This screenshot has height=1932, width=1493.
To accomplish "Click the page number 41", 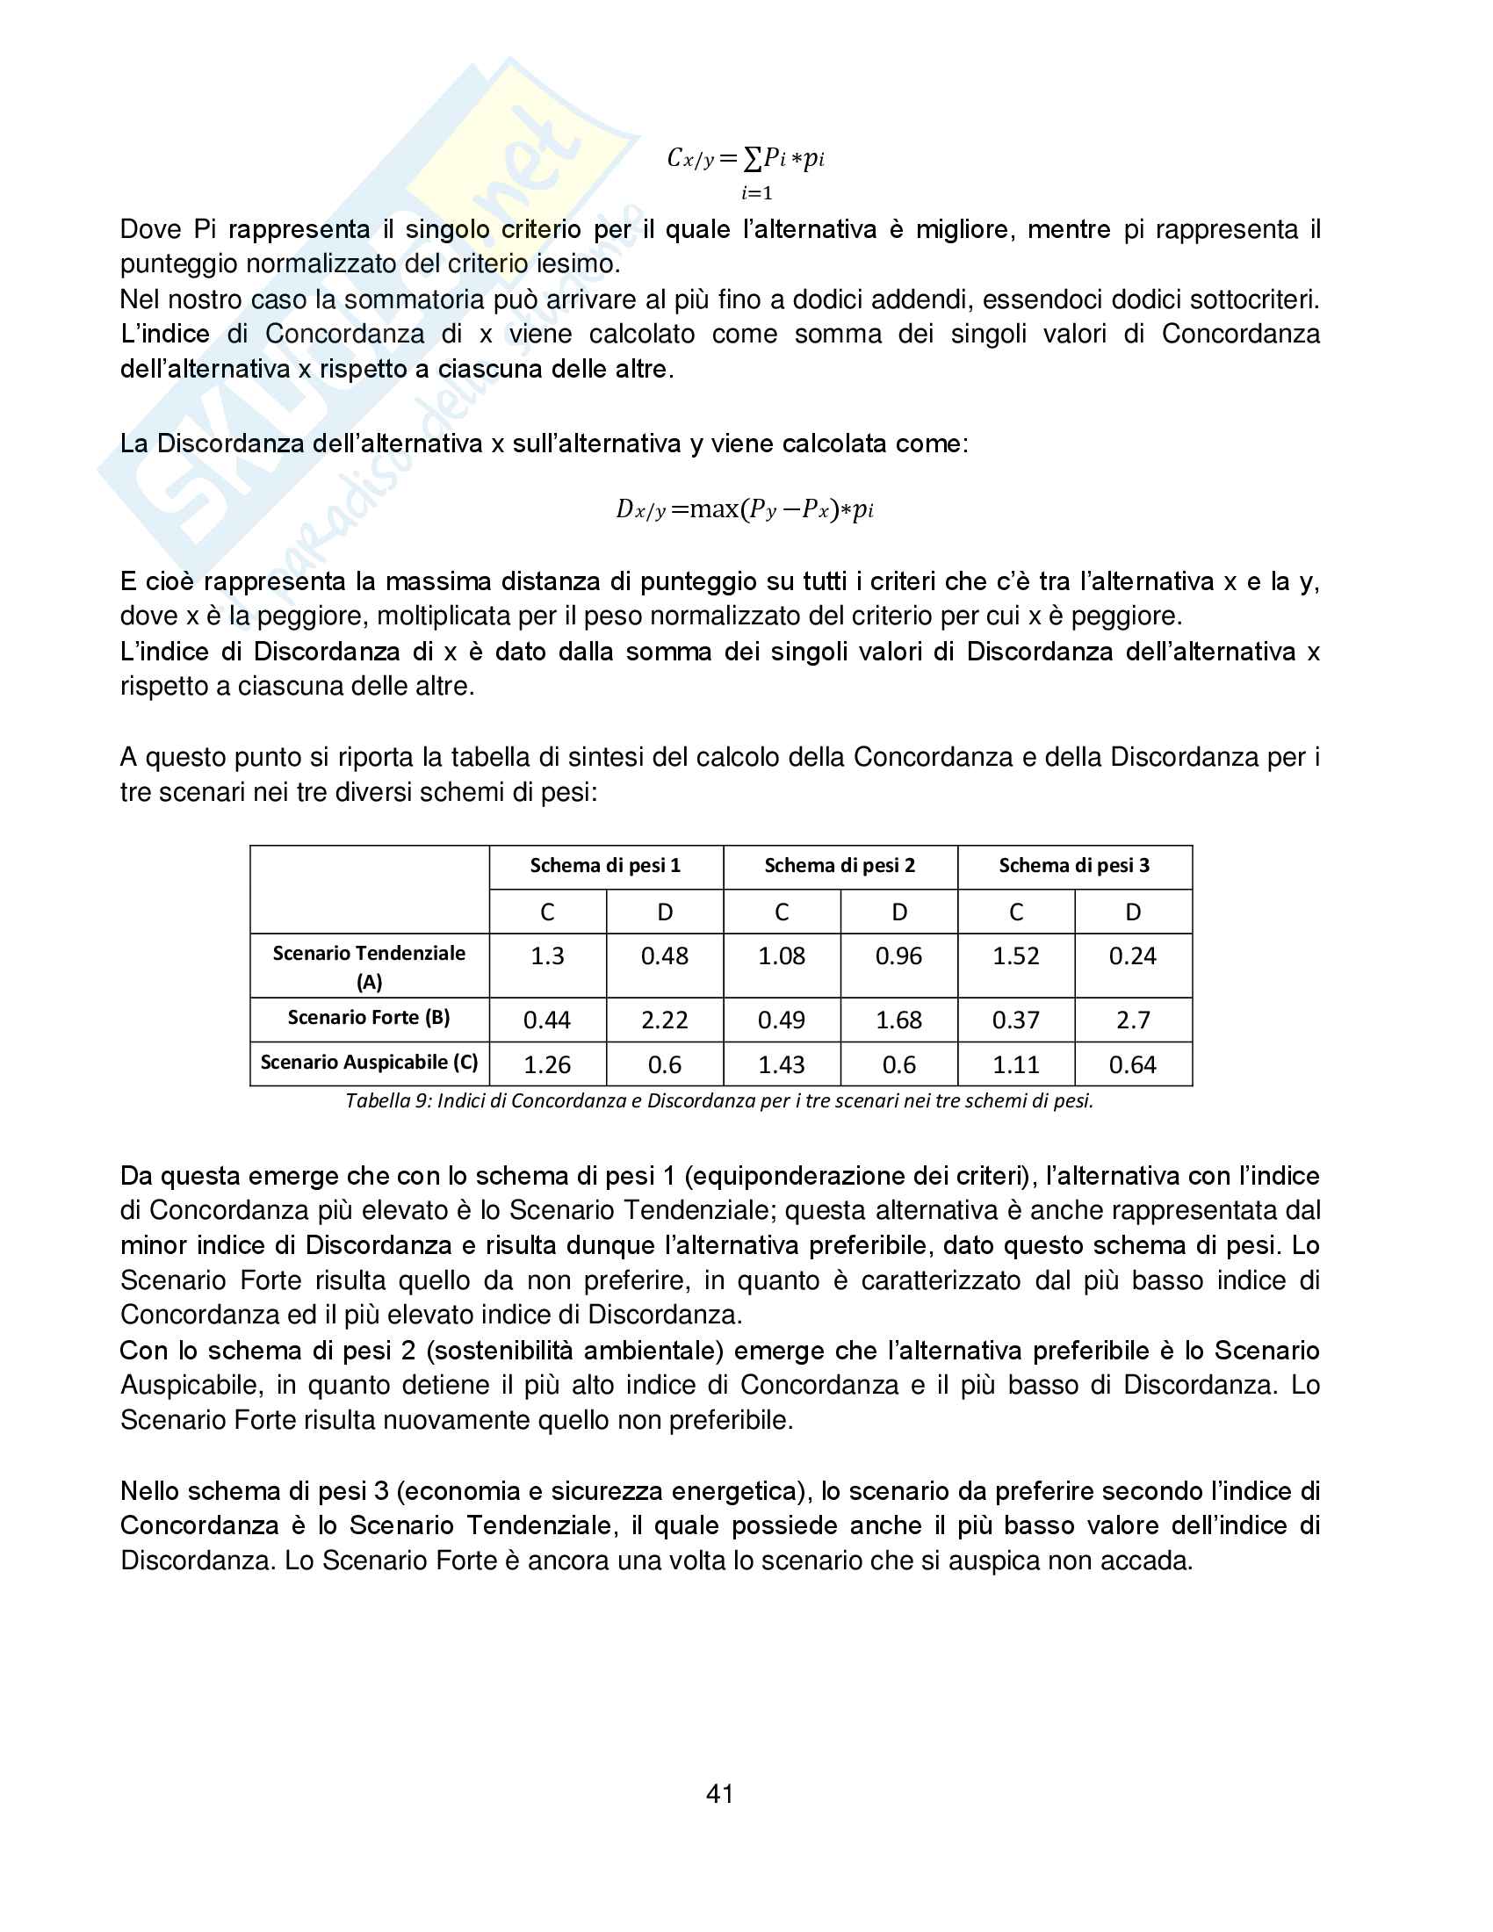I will coord(719,1793).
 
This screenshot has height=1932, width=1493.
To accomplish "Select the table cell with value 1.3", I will coord(546,956).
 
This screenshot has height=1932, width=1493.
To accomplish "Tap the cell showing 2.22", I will coord(664,1020).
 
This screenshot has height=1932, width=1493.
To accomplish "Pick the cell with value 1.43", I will coord(781,1064).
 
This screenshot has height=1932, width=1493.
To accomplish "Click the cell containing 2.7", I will coord(1132,1020).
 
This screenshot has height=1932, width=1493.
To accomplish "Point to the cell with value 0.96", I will coord(898,956).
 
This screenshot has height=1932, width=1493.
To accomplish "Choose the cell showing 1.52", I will coord(1015,956).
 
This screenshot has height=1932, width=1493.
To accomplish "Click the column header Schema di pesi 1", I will coord(605,865).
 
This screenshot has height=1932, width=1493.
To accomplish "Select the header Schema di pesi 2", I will coord(840,865).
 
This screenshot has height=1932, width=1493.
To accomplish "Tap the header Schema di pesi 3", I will coord(1074,865).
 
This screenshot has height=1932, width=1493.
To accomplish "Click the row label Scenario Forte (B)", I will coord(369,1017).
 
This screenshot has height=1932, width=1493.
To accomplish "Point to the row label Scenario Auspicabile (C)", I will coord(369,1062).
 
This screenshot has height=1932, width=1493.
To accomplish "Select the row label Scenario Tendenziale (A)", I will coord(369,966).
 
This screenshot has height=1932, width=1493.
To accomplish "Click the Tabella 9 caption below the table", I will coord(719,1100).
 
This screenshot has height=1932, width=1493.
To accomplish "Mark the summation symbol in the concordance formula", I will coord(753,159).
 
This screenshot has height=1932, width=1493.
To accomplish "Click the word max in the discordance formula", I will coord(714,508).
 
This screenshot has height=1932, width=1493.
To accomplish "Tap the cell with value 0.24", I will coord(1132,956).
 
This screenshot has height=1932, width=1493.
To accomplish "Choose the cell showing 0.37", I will coord(1015,1020).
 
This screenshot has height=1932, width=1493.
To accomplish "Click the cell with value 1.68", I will coord(898,1020).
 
